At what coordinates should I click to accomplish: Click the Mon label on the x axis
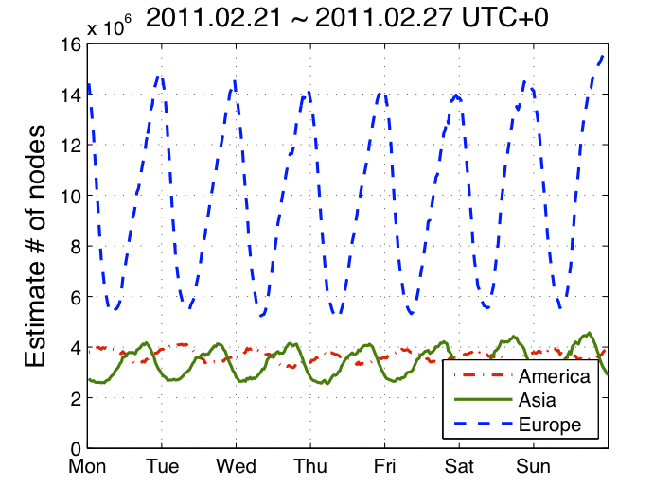[x=87, y=467]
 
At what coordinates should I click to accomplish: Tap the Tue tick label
[x=162, y=467]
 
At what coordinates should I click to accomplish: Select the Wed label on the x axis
[x=236, y=467]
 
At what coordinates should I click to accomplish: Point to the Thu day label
[x=309, y=467]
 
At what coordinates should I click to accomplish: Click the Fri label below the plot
[x=384, y=467]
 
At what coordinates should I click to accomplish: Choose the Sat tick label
[x=458, y=467]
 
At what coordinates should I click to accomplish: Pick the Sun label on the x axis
[x=533, y=467]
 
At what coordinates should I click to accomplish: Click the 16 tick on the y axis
[x=69, y=44]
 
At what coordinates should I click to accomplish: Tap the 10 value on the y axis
[x=69, y=196]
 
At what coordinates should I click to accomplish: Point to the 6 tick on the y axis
[x=74, y=297]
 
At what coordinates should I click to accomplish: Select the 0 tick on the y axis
[x=74, y=448]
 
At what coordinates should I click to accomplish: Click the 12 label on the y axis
[x=69, y=146]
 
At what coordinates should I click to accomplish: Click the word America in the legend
[x=554, y=376]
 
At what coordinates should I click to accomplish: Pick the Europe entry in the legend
[x=549, y=425]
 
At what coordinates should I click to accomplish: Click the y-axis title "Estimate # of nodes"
[x=36, y=246]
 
